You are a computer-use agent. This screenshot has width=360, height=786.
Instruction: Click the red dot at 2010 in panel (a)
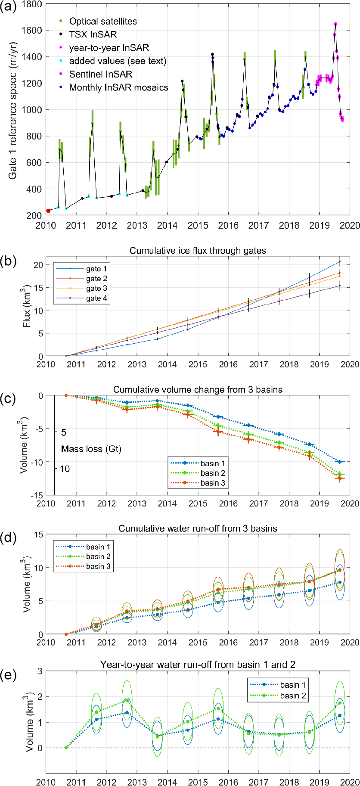coord(48,211)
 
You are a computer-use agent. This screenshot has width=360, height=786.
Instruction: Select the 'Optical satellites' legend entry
coord(102,22)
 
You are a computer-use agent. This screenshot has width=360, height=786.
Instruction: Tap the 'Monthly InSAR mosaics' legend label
coord(118,88)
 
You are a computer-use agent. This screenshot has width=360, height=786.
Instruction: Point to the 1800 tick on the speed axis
coord(33,4)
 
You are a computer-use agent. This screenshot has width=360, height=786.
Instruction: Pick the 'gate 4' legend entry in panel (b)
coord(96,298)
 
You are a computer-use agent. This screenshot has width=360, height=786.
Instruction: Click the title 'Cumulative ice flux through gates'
coord(198,251)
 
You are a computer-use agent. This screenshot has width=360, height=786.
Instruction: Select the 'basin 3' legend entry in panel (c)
coord(213,483)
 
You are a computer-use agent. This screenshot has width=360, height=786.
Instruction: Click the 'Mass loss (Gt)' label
coord(91,449)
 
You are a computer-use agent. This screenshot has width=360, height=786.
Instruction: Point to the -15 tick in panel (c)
coord(37,495)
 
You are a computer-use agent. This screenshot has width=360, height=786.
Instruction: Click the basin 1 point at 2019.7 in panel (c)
coord(340,462)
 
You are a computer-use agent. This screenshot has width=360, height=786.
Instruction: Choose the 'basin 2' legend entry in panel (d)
coord(98,556)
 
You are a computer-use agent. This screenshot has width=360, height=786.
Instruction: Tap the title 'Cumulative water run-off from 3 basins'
coord(198,528)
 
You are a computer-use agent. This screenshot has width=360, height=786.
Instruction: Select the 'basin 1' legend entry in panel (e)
coord(293,685)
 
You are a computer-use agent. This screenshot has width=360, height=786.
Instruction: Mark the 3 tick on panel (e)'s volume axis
coord(40,671)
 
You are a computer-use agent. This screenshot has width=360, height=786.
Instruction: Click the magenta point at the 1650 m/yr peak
coord(335,24)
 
